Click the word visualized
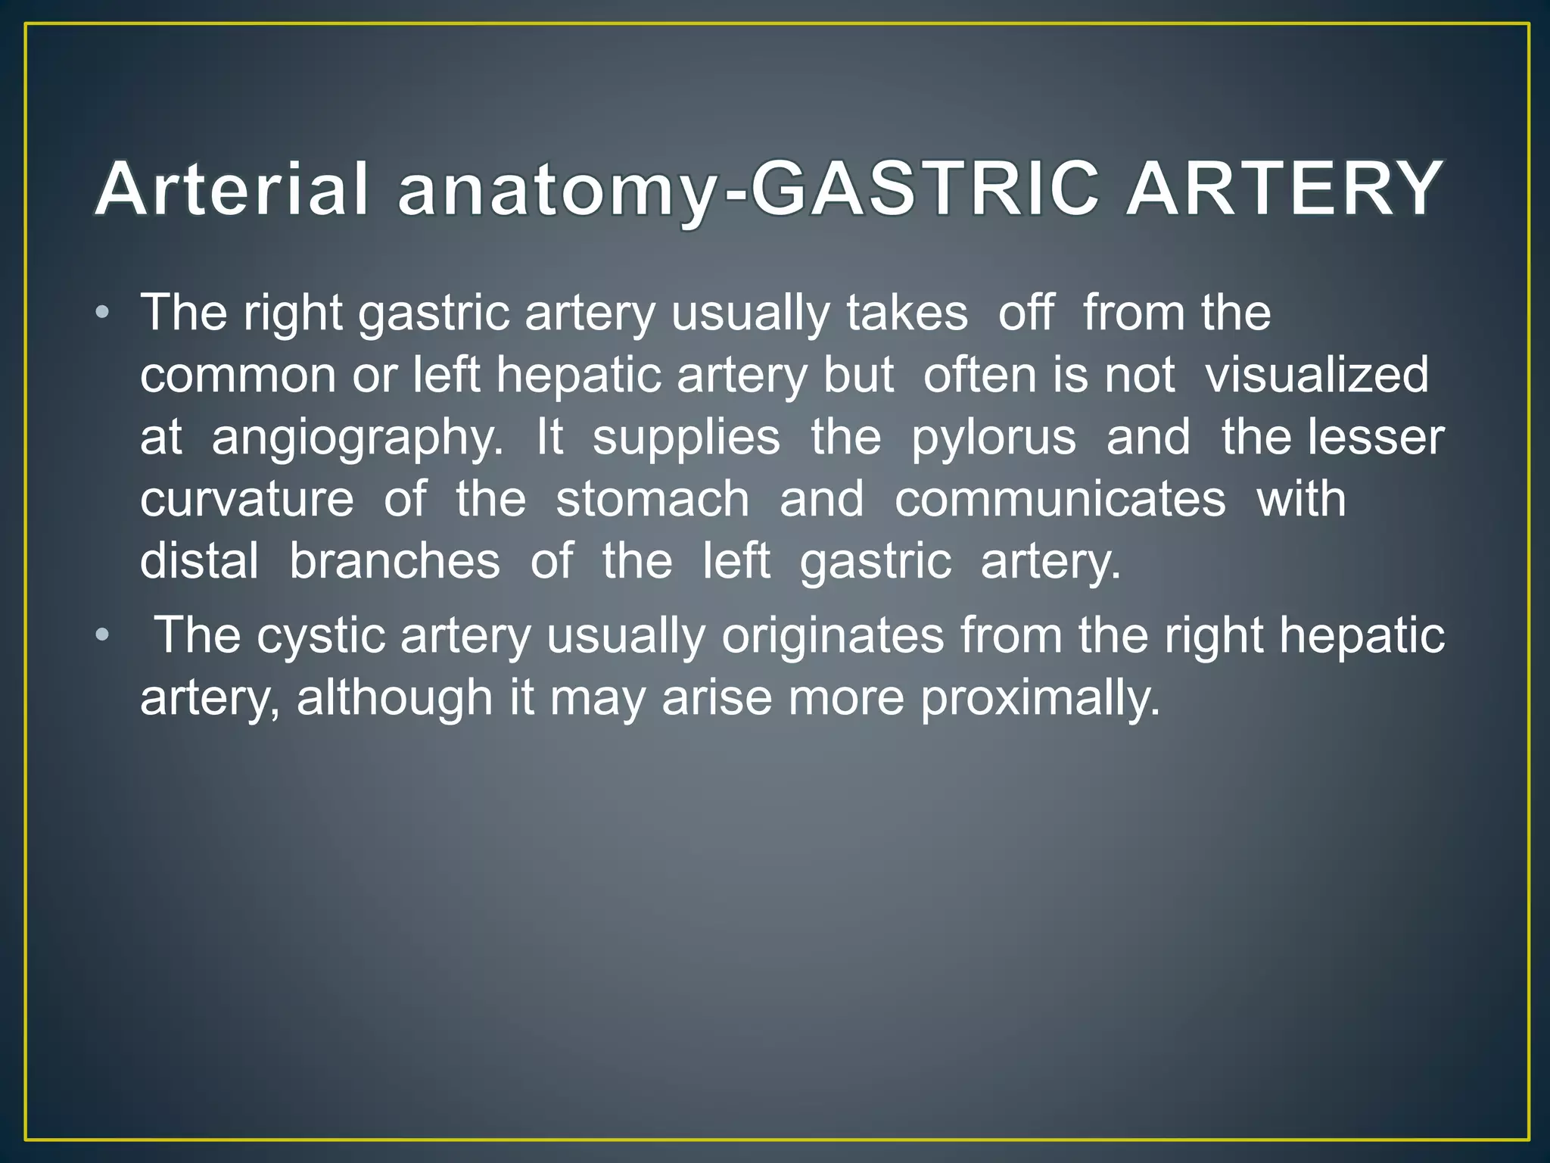1316,375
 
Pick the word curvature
247,499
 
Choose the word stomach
652,499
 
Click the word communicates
1060,499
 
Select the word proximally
1040,699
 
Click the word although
394,699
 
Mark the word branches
394,561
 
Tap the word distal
199,561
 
